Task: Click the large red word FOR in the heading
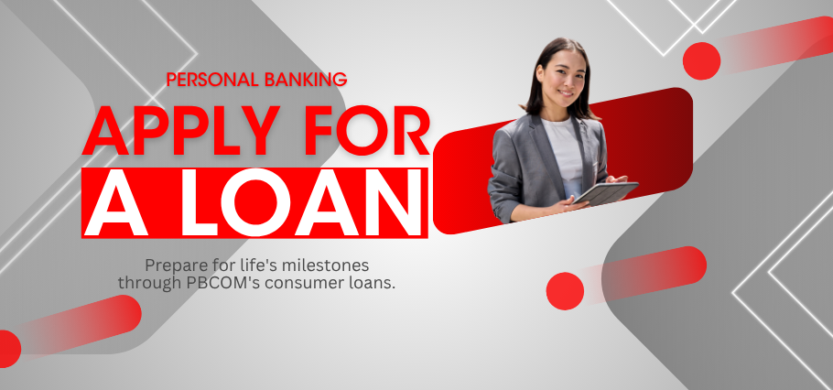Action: pos(374,130)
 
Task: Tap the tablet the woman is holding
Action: pos(606,193)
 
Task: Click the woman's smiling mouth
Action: pos(566,93)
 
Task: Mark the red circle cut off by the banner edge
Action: pos(9,349)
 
